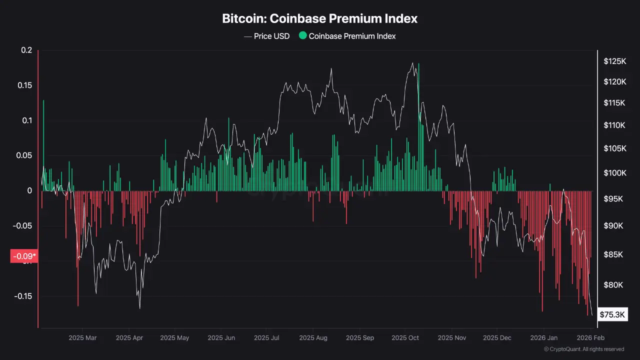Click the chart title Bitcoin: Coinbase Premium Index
click(319, 19)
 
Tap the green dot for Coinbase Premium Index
click(302, 35)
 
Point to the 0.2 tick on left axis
click(26, 50)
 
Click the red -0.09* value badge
click(24, 256)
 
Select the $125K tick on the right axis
click(614, 61)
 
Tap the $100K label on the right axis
click(614, 173)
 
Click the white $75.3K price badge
click(612, 314)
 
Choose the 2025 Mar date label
click(82, 338)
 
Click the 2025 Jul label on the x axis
click(267, 338)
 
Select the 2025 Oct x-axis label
click(405, 338)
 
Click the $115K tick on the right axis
click(614, 103)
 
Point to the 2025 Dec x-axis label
click(497, 338)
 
